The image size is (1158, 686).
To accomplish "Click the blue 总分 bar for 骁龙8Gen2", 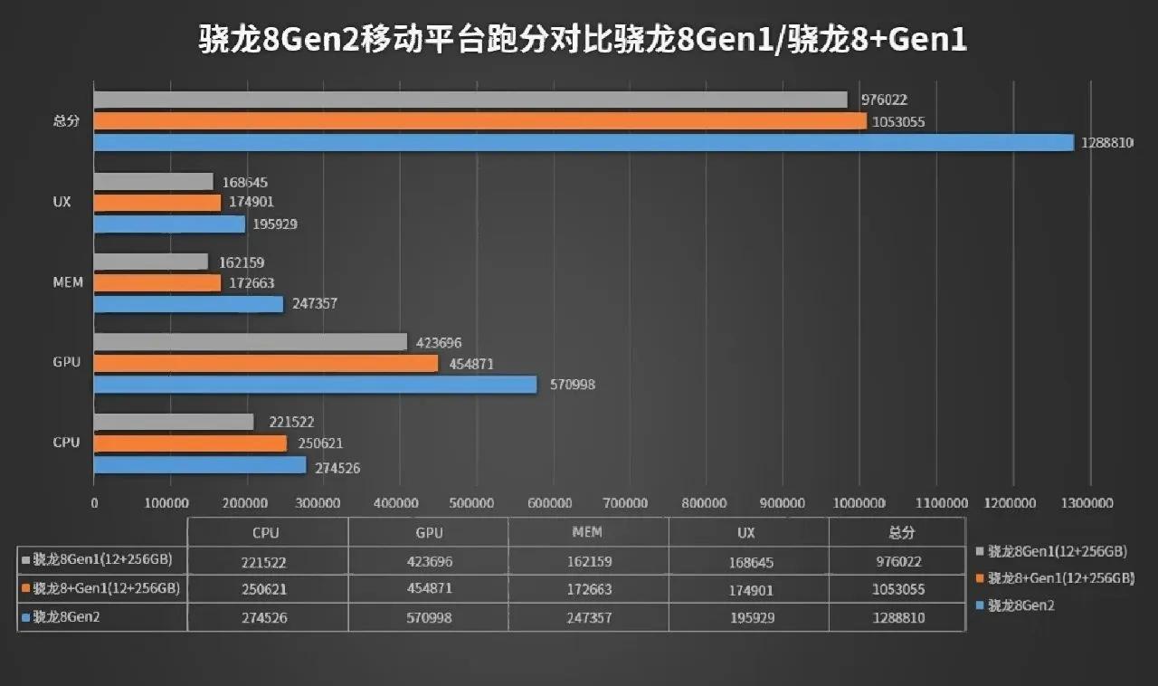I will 584,143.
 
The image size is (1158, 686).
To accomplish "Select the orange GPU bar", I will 266,364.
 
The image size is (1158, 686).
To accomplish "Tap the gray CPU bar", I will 174,422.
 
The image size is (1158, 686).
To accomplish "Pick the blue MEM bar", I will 188,304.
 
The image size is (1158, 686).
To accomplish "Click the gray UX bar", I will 153,182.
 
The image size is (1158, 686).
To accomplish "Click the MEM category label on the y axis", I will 67,282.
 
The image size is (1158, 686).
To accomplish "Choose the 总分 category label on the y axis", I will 66,121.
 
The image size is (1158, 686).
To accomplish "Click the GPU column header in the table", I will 428,533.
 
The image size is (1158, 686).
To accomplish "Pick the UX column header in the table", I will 748,533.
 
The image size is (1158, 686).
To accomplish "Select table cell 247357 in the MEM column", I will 588,618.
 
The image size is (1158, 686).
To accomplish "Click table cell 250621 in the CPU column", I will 268,589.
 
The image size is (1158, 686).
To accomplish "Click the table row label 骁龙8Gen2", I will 67,618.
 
